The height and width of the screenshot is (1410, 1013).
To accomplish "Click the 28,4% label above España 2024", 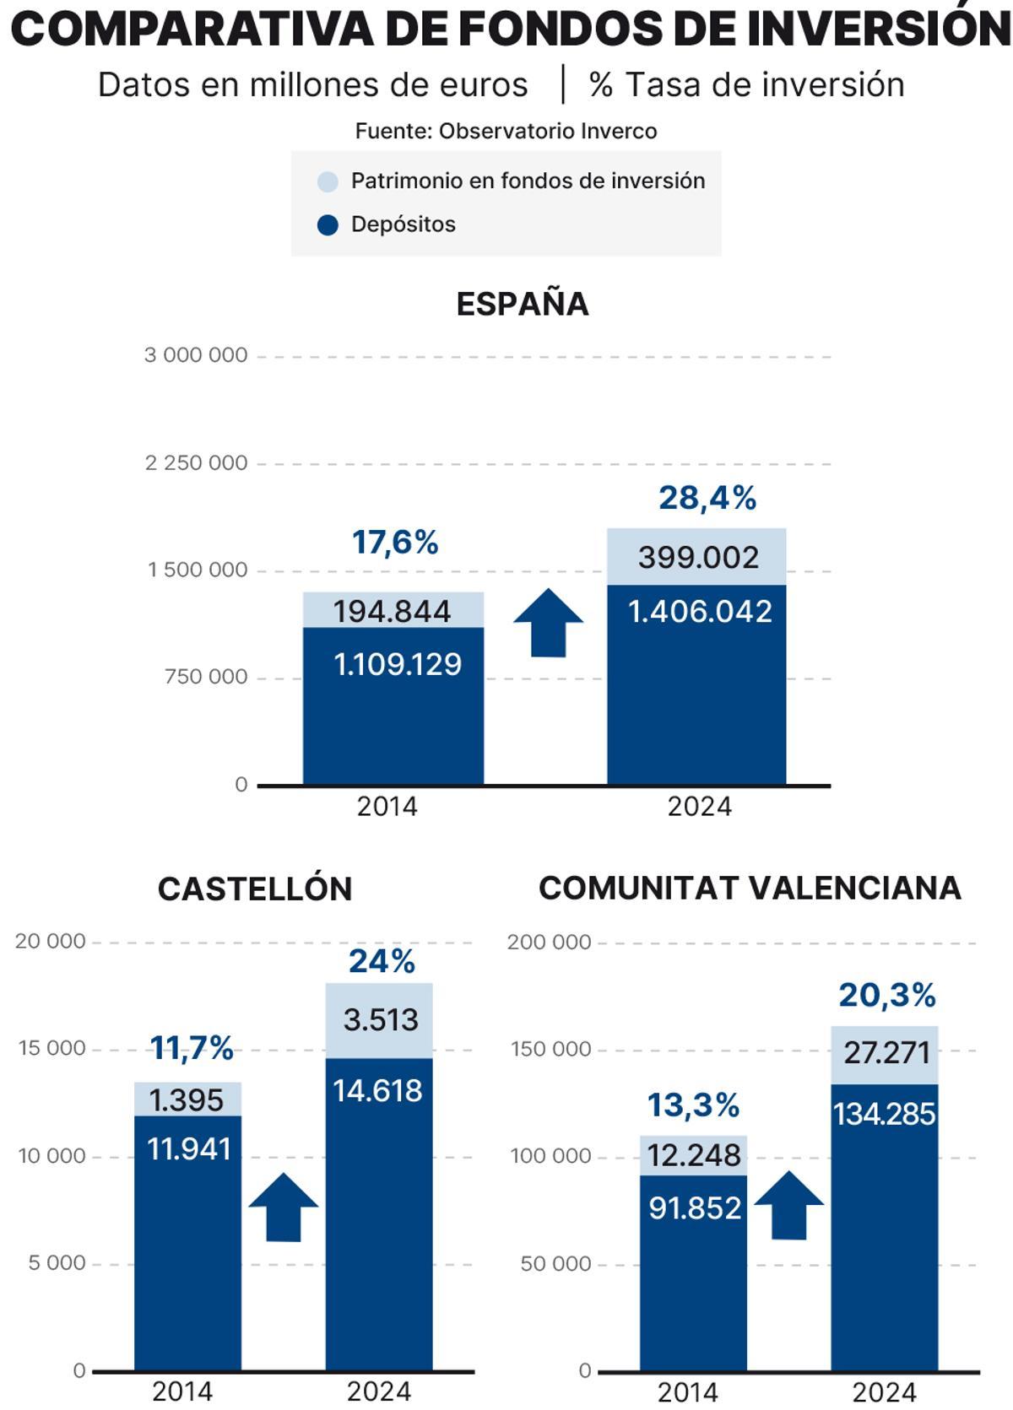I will pos(707,499).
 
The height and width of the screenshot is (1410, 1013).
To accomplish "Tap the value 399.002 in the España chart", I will pos(698,558).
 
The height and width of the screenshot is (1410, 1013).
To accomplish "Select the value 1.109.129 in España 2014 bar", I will pos(398,665).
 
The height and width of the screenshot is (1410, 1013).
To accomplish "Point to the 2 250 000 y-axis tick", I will pos(196,463).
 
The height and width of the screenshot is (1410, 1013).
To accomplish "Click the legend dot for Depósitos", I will pos(328,225).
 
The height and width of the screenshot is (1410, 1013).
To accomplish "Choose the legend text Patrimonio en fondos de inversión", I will pos(528,181).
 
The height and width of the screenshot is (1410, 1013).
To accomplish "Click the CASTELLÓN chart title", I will pos(254,889).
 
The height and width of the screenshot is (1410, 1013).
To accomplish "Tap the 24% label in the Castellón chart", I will pos(382,961).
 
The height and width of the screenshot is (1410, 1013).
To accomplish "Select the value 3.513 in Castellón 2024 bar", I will pos(381,1020).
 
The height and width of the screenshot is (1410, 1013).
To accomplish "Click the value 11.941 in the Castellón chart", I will pos(189,1149).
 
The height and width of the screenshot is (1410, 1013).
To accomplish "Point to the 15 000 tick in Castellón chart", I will pos(52,1049).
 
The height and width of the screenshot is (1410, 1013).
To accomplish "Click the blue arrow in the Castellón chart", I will pos(284,1208).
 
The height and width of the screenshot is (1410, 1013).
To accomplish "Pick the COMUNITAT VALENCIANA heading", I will pos(750,888).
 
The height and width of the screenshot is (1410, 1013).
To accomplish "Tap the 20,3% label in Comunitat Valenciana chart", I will pos(886,996).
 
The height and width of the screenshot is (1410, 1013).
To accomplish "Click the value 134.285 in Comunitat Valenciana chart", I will pos(884,1115).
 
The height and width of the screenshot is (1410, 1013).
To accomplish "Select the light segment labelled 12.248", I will pos(694,1155).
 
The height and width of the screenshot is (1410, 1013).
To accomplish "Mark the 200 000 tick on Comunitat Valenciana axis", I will pos(549,943).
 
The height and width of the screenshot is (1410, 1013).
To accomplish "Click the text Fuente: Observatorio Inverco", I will pos(506,132).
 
